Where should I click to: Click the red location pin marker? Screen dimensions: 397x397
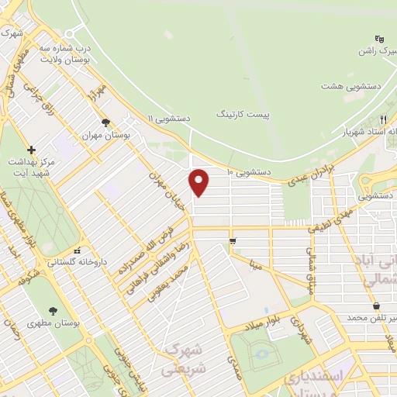tap(199, 182)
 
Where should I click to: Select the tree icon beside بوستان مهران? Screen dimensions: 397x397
tap(105, 123)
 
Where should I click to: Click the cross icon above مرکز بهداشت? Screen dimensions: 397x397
tap(31, 150)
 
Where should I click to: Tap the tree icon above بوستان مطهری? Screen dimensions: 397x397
tap(53, 309)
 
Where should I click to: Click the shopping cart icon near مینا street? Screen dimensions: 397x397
tap(233, 242)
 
